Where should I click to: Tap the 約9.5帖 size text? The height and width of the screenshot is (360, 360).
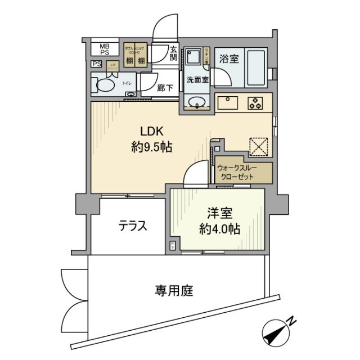147,148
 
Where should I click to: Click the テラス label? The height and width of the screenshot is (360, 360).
133,226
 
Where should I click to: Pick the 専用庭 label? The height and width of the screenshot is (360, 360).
174,291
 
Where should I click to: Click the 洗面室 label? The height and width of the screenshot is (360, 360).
197,79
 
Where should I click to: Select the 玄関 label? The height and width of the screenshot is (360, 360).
173,53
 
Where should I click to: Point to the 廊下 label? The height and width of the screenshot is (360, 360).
165,88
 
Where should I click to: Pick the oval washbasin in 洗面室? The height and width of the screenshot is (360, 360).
197,102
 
